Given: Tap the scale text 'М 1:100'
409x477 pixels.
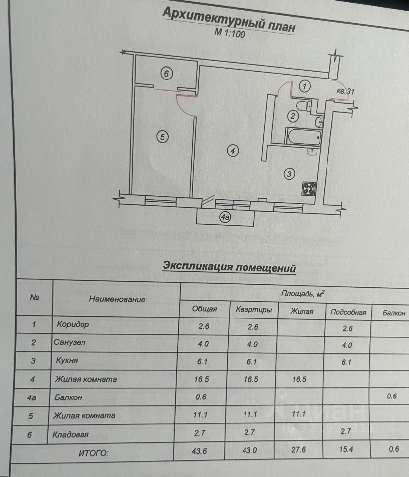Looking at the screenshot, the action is click(229, 34).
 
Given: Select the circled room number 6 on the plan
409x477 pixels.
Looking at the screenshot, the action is click(166, 74).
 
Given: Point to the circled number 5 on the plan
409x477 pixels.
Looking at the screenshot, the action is click(161, 136).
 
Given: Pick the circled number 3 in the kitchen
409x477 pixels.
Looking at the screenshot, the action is click(290, 173).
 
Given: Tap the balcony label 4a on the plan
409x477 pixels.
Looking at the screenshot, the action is click(226, 216).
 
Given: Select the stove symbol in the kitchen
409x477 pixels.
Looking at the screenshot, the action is click(308, 188).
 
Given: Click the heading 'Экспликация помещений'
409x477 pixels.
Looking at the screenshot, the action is click(229, 267).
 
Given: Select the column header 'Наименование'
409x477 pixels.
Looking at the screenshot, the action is click(117, 299).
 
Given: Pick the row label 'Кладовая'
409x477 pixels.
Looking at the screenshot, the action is click(71, 435).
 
